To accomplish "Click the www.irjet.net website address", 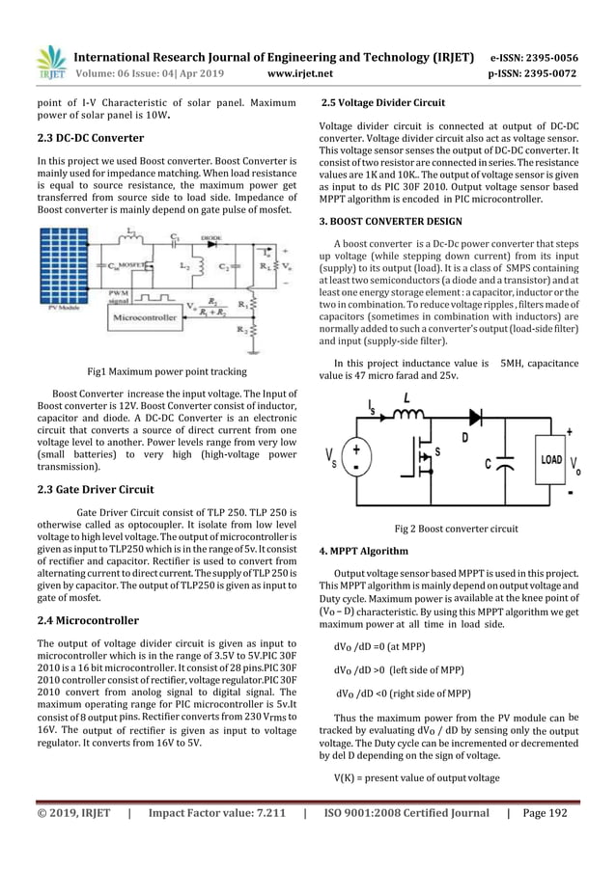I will point(303,71).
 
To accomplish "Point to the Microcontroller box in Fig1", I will point(145,315).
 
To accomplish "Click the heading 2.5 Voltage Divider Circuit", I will point(383,102).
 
